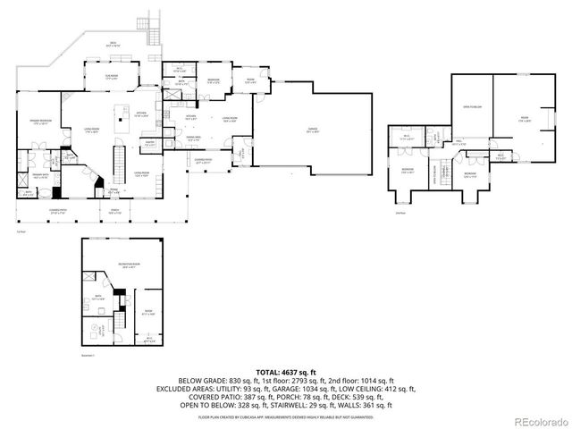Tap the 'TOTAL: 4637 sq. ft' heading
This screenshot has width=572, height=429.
(286, 371)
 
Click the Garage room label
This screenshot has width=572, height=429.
(313, 130)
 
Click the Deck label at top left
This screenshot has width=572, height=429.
(113, 45)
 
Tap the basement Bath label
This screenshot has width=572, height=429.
(100, 297)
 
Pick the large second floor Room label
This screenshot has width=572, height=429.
(526, 119)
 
